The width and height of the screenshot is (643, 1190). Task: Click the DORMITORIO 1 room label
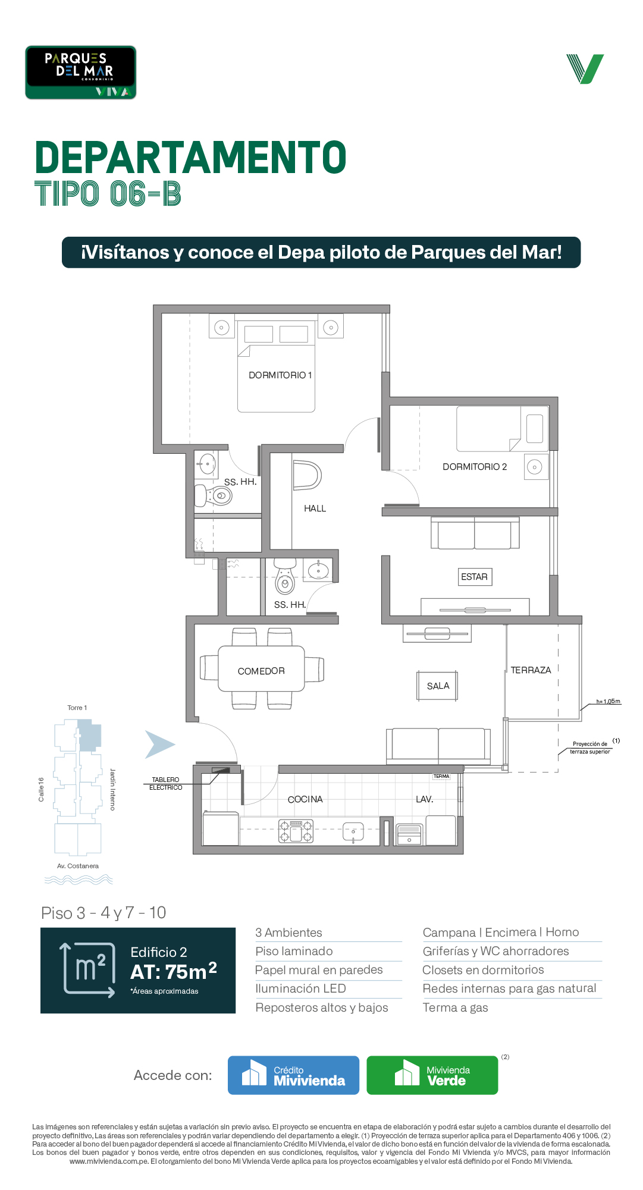[x=280, y=375]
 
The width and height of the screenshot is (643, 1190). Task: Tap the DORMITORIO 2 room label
[x=475, y=467]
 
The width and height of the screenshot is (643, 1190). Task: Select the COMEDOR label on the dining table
[x=261, y=671]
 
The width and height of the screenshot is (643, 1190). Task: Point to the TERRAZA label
[x=531, y=670]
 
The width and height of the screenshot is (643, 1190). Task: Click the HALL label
[x=315, y=508]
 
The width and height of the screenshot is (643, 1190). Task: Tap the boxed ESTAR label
[x=474, y=577]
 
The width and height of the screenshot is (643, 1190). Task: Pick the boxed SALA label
[x=438, y=686]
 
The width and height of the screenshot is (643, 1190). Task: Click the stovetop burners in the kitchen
[x=296, y=831]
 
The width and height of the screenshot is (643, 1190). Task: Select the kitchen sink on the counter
[x=353, y=831]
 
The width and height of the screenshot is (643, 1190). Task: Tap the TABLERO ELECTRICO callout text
[x=165, y=783]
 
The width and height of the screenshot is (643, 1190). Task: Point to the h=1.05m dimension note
[x=608, y=701]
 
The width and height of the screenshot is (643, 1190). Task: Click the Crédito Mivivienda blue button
[x=293, y=1075]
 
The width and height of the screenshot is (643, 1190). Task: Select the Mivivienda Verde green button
[x=432, y=1075]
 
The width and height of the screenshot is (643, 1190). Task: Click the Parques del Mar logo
[x=81, y=73]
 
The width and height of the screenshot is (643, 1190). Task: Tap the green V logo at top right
[x=585, y=69]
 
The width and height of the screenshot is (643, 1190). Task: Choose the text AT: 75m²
[x=174, y=971]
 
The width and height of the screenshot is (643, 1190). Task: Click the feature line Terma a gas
[x=455, y=1007]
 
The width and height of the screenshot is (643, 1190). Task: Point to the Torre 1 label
[x=77, y=708]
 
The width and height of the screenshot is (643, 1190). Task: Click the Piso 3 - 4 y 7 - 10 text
[x=103, y=913]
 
